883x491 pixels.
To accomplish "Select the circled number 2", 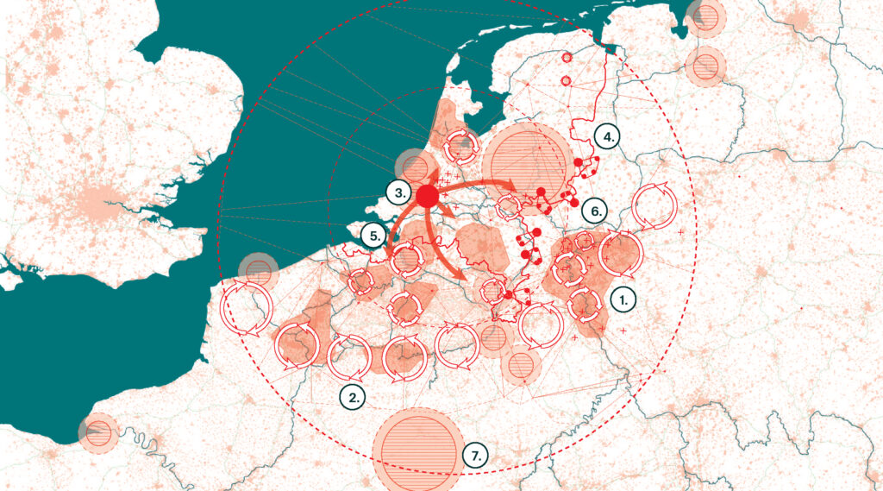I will click(x=352, y=396).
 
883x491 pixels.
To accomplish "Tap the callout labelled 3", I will click(x=398, y=192).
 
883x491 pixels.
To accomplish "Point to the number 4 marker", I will click(x=608, y=136).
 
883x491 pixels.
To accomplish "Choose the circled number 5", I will click(x=373, y=235).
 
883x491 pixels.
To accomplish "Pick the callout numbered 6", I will click(x=592, y=210).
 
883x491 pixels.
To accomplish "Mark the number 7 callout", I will click(x=475, y=455).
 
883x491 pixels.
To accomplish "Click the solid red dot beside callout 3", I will click(x=427, y=196).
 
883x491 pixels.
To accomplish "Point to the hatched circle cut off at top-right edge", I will click(x=707, y=15).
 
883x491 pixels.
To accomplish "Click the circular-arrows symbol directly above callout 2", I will click(x=349, y=355).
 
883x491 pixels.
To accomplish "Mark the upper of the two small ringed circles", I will click(x=567, y=58).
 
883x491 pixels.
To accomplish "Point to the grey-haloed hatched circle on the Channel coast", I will click(x=258, y=271).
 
